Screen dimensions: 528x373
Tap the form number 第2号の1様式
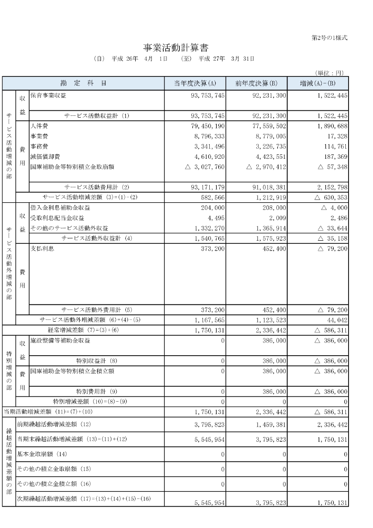point(330,38)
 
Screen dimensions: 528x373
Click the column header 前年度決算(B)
point(257,83)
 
